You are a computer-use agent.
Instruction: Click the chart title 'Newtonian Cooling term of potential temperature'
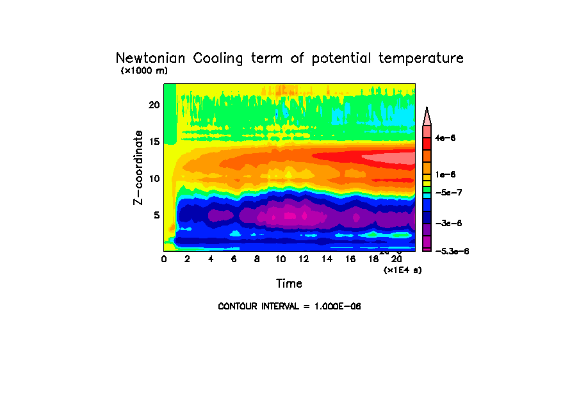click(x=289, y=58)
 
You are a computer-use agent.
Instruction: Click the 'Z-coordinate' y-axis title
click(x=138, y=167)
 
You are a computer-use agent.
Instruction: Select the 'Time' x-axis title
click(x=289, y=283)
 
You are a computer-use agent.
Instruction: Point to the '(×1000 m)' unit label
click(x=144, y=70)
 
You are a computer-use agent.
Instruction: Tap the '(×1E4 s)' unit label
click(x=402, y=270)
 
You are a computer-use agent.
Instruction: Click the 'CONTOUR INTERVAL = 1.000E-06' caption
click(x=289, y=306)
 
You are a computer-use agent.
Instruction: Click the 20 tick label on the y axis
click(x=154, y=104)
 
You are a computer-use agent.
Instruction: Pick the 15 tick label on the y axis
click(x=154, y=142)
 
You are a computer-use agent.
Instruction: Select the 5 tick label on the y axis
click(x=156, y=215)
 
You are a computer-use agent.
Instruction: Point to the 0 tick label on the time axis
click(x=164, y=259)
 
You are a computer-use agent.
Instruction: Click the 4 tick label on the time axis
click(x=211, y=259)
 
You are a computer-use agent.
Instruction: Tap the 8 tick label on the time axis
click(x=257, y=259)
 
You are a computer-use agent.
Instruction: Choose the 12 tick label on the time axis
click(x=304, y=259)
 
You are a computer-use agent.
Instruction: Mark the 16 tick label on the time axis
click(x=350, y=259)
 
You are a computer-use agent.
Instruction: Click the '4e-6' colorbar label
click(x=445, y=138)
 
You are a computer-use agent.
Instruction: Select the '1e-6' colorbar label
click(x=445, y=174)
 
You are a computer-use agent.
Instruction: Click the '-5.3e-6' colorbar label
click(x=452, y=252)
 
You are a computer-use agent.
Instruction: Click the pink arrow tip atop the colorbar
click(x=427, y=115)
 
